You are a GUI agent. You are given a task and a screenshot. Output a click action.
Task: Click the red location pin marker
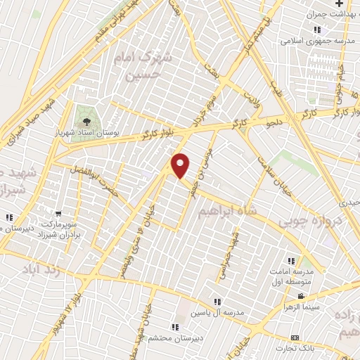181,165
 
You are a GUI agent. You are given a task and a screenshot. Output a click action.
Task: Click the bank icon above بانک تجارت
295,337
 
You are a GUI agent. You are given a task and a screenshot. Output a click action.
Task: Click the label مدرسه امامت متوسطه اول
290,276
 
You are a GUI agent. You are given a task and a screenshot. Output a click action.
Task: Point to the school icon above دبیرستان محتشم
174,327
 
